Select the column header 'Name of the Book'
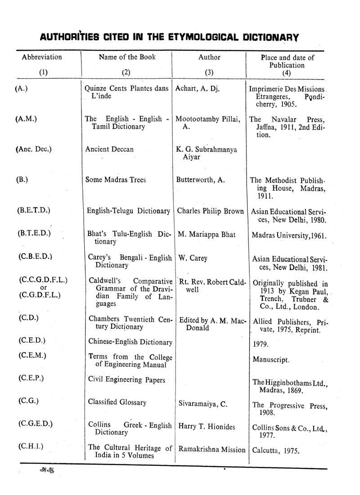tap(127, 57)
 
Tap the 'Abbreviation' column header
tap(42, 57)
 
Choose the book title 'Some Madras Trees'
tap(116, 180)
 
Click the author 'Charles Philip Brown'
tap(211, 211)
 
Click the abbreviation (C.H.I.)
tap(31, 447)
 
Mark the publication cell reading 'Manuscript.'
tap(270, 360)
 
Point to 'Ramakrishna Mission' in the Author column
tap(212, 449)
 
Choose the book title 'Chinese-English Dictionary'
tap(130, 342)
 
